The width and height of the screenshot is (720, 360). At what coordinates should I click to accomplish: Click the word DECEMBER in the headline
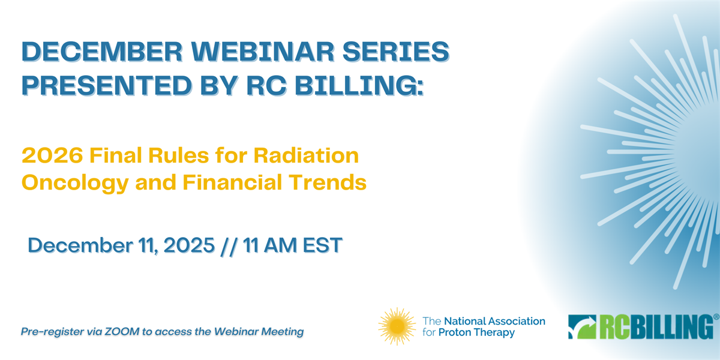[x=102, y=52]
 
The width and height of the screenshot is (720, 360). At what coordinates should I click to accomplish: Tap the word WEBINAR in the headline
[x=263, y=52]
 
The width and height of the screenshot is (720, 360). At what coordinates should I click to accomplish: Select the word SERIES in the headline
[x=395, y=52]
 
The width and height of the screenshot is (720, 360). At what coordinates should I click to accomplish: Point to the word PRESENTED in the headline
[x=107, y=85]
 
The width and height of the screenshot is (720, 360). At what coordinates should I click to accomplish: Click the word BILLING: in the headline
[x=359, y=85]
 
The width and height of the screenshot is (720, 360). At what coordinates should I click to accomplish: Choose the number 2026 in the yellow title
[x=52, y=155]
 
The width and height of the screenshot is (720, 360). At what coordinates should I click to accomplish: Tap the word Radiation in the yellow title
[x=306, y=155]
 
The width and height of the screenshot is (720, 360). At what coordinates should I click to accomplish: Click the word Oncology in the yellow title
[x=75, y=183]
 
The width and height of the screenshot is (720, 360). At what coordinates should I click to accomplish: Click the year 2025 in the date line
[x=189, y=245]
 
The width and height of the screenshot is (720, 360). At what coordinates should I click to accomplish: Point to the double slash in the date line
[x=229, y=246]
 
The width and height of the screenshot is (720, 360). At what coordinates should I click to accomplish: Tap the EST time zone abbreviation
[x=323, y=245]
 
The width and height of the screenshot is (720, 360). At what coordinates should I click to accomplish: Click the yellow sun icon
[x=397, y=326]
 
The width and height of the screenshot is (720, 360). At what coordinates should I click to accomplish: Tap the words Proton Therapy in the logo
[x=476, y=332]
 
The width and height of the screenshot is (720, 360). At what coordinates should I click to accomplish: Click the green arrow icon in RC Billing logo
[x=582, y=326]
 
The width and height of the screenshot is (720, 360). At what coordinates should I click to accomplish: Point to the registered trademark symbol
[x=716, y=317]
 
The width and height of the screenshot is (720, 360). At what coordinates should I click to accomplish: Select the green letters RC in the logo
[x=614, y=326]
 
